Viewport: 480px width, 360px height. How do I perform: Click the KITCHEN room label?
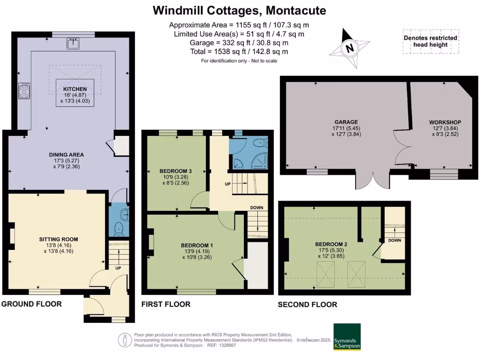tap(75, 89)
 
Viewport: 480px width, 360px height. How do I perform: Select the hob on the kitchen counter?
tap(23, 90)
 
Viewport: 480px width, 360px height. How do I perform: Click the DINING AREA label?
tap(67, 154)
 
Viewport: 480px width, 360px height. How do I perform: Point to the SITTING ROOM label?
tap(59, 239)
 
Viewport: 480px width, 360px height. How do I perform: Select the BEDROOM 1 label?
tap(197, 245)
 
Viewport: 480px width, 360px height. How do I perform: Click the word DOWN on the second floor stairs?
tap(394, 240)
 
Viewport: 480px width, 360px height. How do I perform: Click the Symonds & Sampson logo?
tap(347, 336)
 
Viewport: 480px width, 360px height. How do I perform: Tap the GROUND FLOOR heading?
tap(31, 304)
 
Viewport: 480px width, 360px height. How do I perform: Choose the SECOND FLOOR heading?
tap(307, 304)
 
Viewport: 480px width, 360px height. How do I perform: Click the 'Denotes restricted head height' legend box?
tap(430, 41)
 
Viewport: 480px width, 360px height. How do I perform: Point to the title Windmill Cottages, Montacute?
tap(240, 10)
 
